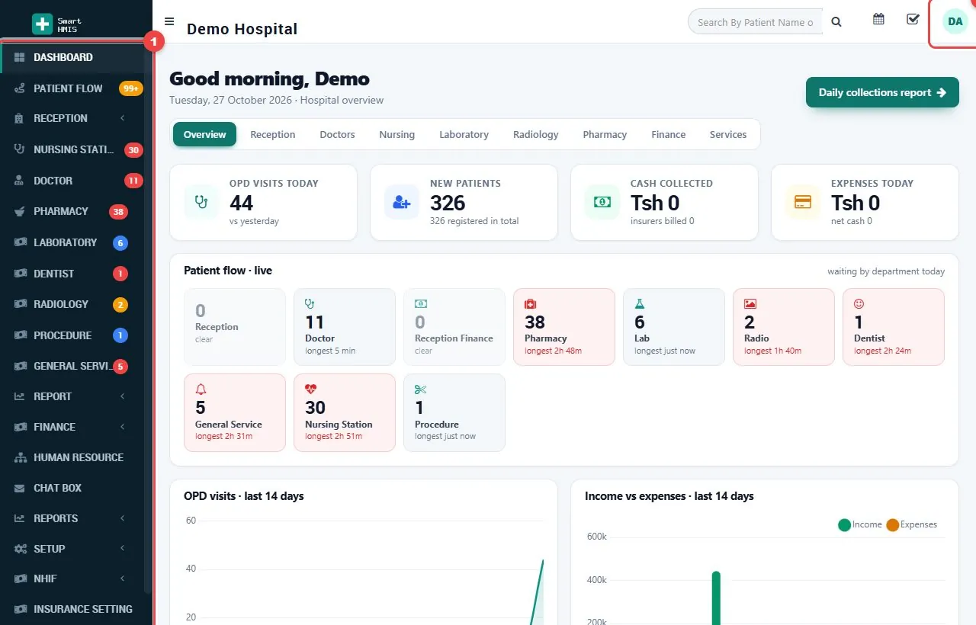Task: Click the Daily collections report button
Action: point(882,92)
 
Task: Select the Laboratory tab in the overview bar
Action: point(464,135)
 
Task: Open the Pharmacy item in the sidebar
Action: point(61,211)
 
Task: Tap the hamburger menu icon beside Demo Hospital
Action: point(169,21)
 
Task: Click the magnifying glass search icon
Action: point(836,22)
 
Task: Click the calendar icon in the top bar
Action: point(878,19)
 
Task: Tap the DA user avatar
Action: point(955,22)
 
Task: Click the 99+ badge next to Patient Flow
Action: point(130,88)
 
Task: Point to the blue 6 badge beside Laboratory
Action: point(120,242)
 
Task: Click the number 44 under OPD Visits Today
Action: point(242,203)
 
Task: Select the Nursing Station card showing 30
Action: point(344,412)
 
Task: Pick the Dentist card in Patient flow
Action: point(893,327)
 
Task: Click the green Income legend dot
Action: point(844,525)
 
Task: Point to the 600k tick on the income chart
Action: point(596,537)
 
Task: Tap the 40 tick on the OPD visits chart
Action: point(191,569)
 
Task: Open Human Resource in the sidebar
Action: point(79,457)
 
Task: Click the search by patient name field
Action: point(756,22)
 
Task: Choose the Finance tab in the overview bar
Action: point(668,135)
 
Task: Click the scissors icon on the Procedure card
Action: point(420,389)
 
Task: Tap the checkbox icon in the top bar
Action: point(913,19)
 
